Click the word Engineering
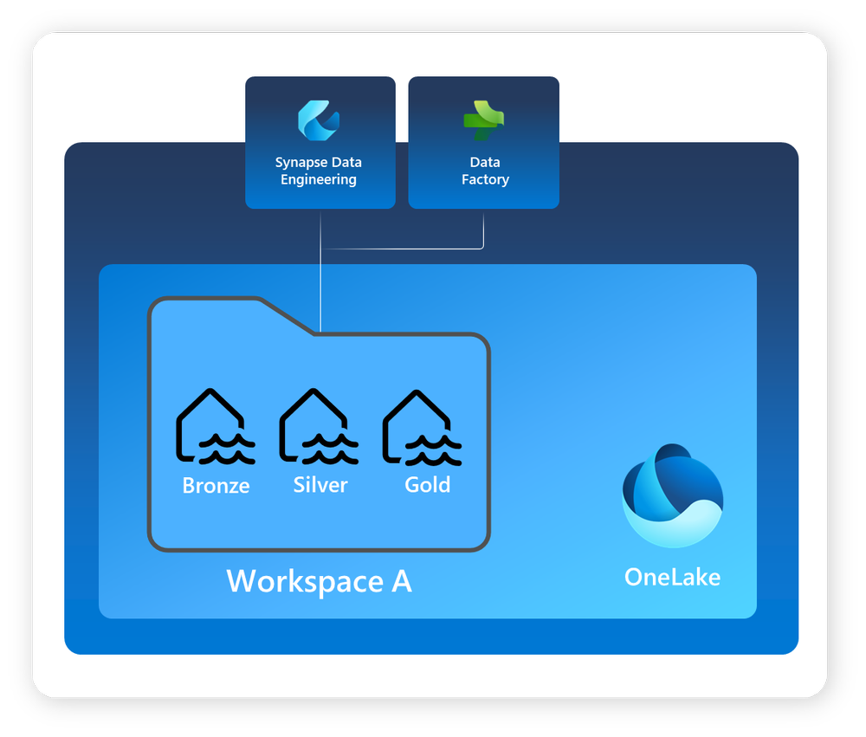click(x=319, y=179)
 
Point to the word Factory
click(x=485, y=179)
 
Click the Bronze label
click(x=216, y=486)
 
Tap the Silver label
click(x=320, y=485)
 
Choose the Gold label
click(x=427, y=485)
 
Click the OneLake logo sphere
click(x=672, y=495)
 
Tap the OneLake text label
click(x=672, y=577)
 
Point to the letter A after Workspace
click(x=400, y=581)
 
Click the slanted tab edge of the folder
click(x=286, y=317)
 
